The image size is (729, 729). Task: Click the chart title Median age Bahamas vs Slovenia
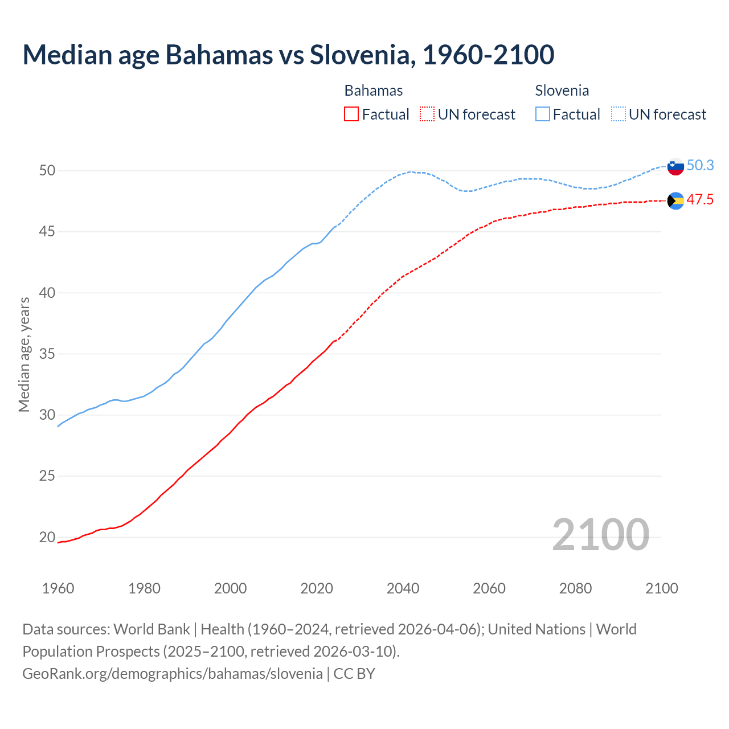(288, 55)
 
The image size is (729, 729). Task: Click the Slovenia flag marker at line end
(675, 166)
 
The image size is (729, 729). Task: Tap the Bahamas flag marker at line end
(675, 200)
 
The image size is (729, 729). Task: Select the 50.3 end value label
(700, 166)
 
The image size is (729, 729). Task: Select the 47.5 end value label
(700, 200)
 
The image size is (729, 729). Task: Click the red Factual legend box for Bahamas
(351, 114)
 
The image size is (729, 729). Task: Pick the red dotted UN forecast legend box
(427, 114)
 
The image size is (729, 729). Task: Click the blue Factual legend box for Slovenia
(543, 114)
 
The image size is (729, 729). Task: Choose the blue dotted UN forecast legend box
(619, 114)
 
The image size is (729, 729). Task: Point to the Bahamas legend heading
(374, 91)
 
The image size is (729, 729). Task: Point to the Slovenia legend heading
(562, 91)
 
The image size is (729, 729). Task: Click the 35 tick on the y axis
(47, 354)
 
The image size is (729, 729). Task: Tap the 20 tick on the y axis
(47, 537)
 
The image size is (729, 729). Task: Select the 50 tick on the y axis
(47, 170)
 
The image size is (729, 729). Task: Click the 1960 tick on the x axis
(58, 588)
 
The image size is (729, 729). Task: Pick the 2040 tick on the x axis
(403, 588)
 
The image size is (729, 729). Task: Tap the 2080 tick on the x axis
(575, 588)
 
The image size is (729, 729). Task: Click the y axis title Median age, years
(24, 354)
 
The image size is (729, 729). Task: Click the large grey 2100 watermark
(600, 535)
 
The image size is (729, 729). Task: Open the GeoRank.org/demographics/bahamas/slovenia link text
(173, 674)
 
